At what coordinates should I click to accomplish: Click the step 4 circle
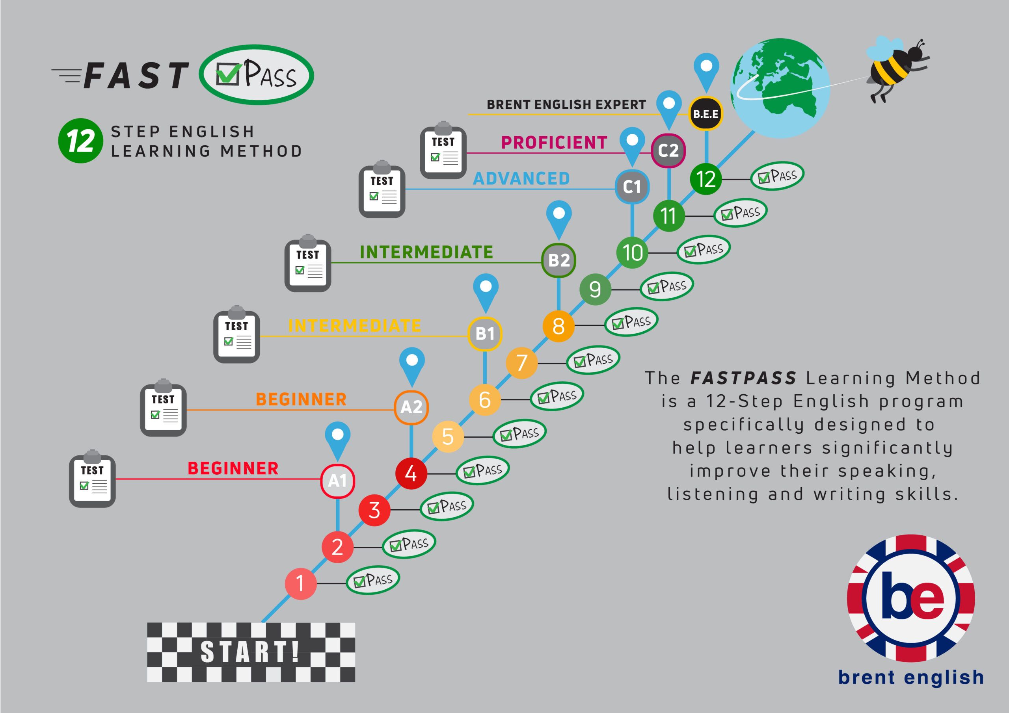tap(411, 473)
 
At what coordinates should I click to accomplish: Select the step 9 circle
tap(595, 289)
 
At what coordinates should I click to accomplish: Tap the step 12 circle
tap(706, 179)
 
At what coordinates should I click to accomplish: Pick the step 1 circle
tap(301, 583)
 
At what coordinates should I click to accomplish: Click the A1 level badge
tap(337, 481)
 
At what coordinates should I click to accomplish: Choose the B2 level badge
tap(558, 260)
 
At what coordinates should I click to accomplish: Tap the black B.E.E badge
tap(706, 114)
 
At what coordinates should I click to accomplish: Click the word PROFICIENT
tap(554, 143)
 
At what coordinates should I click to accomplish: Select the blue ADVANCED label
tap(521, 179)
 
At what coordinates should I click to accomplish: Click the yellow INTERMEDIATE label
tap(354, 325)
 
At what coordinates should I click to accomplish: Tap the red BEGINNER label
tap(233, 468)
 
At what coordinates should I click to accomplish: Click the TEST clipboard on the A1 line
tap(92, 479)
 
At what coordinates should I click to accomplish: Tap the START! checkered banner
tap(251, 652)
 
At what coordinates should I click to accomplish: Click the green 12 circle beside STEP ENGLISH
tap(80, 141)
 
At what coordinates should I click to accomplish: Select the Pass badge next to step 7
tap(593, 359)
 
